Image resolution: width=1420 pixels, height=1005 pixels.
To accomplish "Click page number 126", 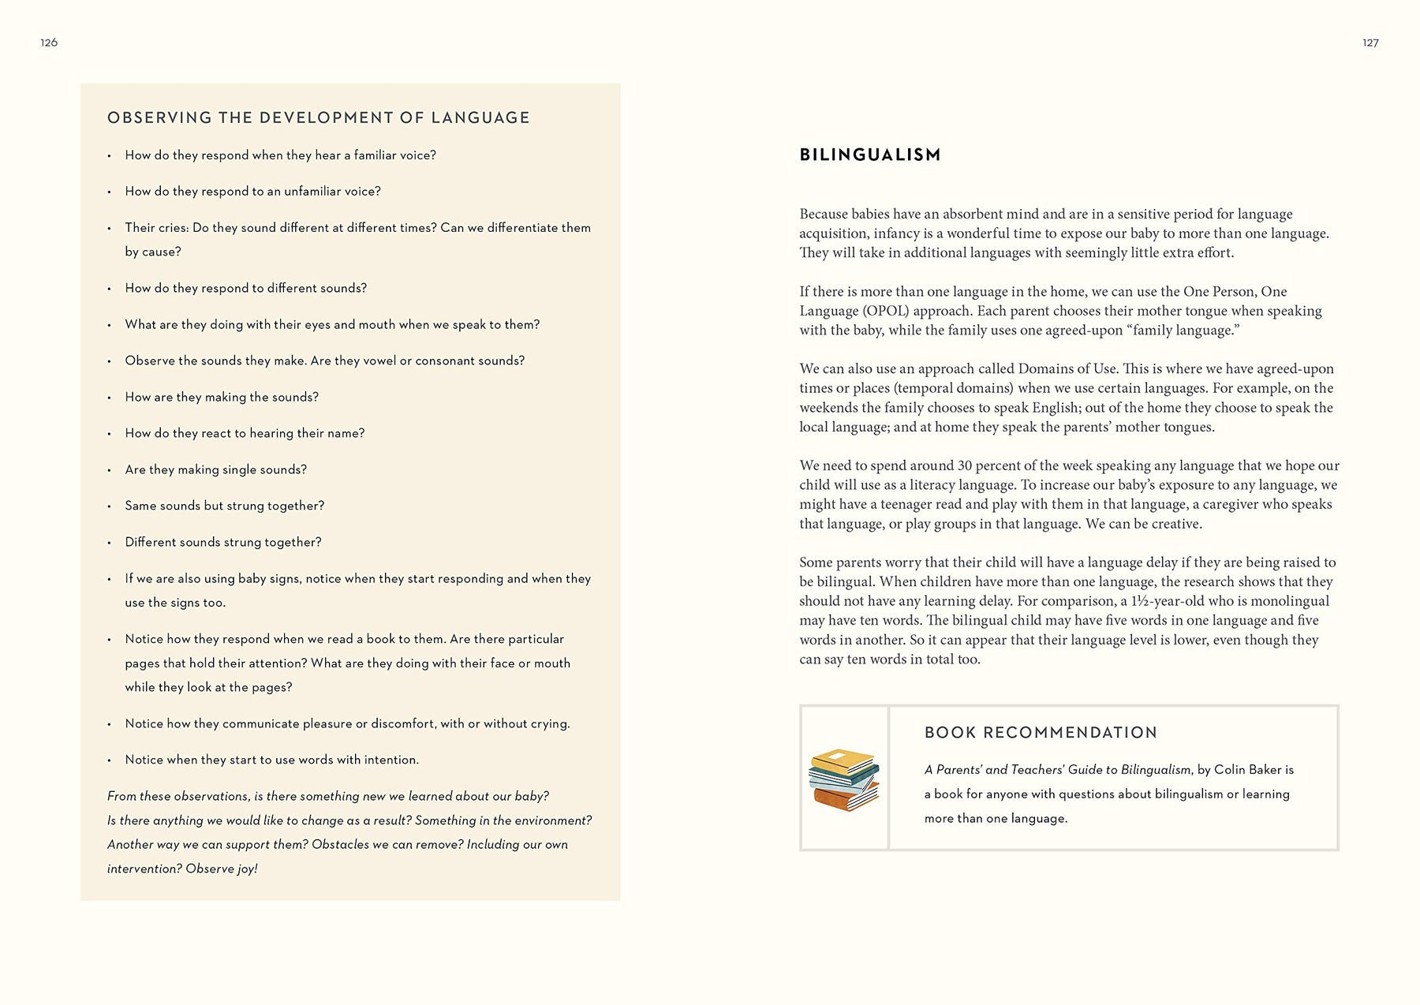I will click(49, 43).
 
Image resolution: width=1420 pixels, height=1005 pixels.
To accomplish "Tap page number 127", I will click(1370, 43).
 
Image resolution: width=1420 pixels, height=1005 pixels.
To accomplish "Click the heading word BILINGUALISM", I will click(870, 155).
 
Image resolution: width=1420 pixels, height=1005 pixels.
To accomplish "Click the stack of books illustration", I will click(844, 779).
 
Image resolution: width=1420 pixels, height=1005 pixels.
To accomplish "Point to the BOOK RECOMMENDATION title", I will click(1041, 732).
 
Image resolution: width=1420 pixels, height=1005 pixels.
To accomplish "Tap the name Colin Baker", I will click(1247, 769).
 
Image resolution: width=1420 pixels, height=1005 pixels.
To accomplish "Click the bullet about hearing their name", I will click(245, 433).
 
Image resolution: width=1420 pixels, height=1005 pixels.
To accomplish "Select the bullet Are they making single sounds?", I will click(215, 469).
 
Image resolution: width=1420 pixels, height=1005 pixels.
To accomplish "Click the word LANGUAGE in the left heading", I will click(480, 118).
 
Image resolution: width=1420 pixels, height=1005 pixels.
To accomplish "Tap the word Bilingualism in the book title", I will click(1156, 769).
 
